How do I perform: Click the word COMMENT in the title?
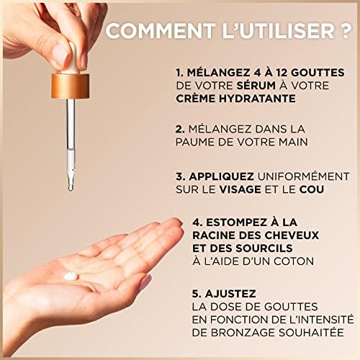161,31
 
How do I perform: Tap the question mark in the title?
346,31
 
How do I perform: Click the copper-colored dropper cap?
70,86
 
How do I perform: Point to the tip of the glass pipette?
71,189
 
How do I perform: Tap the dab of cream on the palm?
71,276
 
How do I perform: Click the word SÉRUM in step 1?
256,86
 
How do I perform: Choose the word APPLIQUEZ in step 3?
221,176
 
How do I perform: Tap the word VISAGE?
240,189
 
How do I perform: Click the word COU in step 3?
312,189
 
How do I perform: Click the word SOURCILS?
264,248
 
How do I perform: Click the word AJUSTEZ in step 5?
230,294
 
